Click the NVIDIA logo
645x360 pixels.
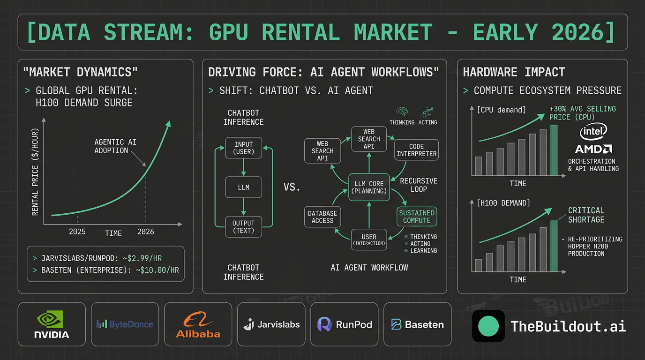point(52,324)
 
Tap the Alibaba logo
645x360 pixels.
point(198,324)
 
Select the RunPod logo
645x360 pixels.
point(345,324)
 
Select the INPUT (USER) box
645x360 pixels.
point(243,148)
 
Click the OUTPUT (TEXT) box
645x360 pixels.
point(243,226)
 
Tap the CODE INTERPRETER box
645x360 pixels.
point(416,150)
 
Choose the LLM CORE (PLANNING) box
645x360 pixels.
point(369,187)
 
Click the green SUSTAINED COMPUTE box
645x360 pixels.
point(417,217)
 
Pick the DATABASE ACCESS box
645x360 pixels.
point(322,217)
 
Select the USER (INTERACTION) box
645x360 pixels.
point(369,239)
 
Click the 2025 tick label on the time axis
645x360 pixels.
point(77,232)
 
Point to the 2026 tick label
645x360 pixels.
point(145,232)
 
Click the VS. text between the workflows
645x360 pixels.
point(292,187)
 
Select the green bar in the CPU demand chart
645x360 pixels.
point(554,150)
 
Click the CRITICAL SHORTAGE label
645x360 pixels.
point(586,215)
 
